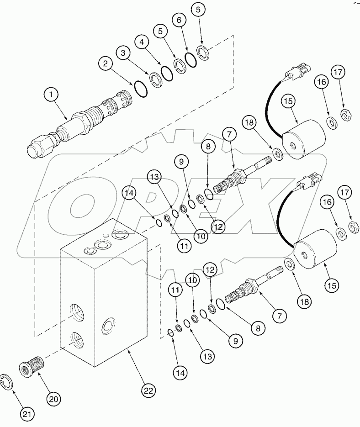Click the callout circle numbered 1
[x=52, y=95]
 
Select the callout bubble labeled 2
[x=106, y=63]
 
